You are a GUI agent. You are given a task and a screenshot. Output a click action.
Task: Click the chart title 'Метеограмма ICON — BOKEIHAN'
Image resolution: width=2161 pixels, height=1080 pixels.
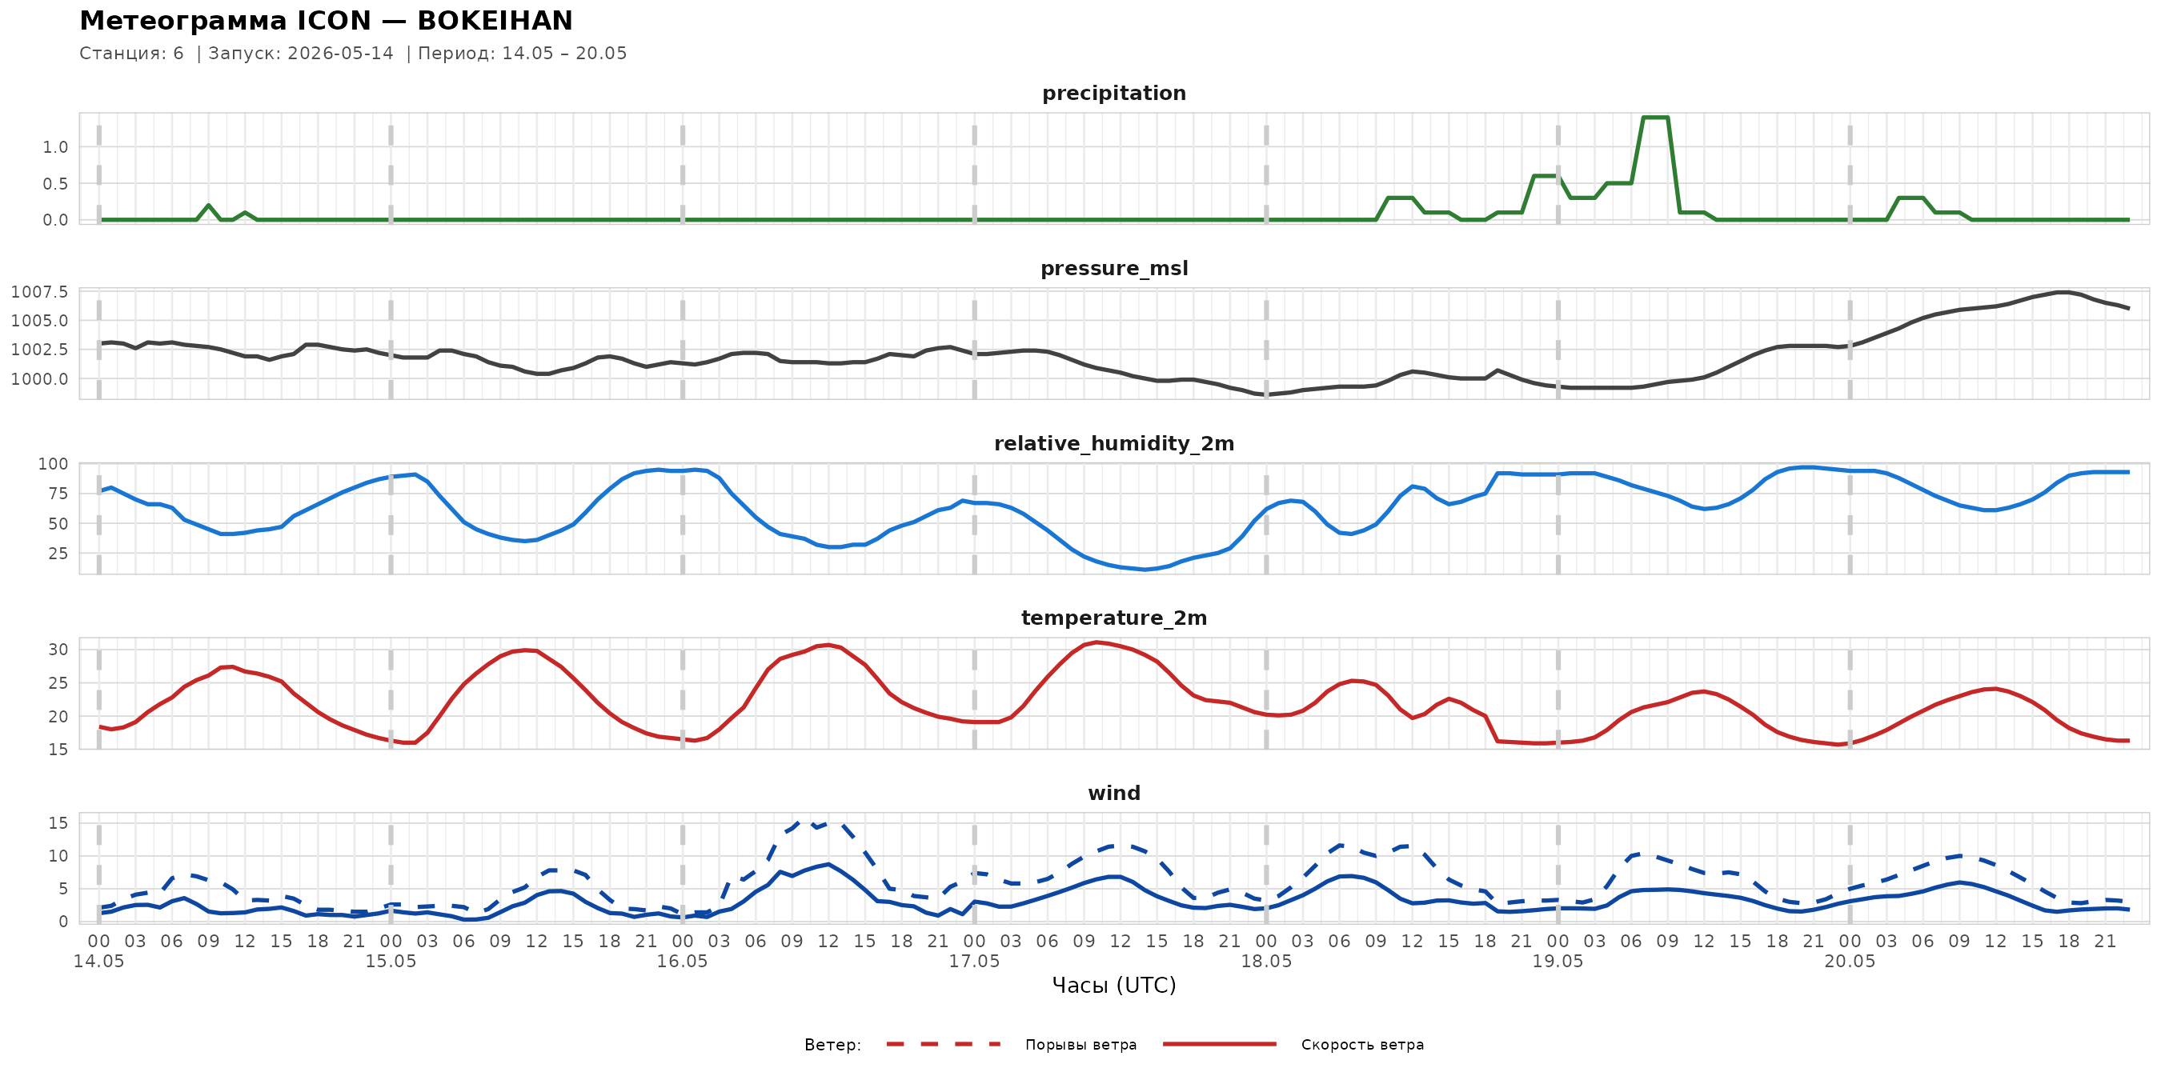[326, 20]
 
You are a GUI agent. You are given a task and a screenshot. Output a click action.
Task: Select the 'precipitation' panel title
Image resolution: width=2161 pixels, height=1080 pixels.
[1114, 93]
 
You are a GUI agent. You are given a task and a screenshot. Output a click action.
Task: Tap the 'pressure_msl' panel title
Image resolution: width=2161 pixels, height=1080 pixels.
[1114, 268]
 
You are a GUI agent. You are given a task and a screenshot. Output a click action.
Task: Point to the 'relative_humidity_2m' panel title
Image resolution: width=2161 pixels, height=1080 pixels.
[1114, 443]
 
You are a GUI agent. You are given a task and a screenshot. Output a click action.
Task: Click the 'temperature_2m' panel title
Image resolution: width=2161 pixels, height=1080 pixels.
[1114, 618]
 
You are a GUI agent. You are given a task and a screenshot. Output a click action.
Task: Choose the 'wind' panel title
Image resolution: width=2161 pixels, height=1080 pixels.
[1114, 794]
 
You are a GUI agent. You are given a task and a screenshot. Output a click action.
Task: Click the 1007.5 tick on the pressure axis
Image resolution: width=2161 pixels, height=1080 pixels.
[39, 292]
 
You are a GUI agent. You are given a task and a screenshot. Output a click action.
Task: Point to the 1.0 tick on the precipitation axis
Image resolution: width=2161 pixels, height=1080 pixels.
[55, 147]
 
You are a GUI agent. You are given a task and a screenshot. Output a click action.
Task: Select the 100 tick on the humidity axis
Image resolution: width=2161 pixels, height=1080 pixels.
[53, 464]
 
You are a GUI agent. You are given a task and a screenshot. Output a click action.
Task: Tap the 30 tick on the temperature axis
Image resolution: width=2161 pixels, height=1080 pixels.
[58, 650]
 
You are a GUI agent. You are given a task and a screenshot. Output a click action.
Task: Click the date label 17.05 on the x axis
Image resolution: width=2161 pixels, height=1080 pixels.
[974, 962]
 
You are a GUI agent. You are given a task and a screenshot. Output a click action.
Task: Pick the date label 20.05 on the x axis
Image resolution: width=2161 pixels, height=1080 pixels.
[1850, 962]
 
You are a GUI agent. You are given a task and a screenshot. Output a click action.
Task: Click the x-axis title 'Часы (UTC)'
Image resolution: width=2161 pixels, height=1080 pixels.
[1114, 986]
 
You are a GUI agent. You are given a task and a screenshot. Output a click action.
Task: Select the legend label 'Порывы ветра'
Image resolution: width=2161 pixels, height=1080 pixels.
[1080, 1045]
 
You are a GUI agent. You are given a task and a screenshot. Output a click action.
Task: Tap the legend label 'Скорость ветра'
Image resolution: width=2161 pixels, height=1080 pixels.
[1362, 1045]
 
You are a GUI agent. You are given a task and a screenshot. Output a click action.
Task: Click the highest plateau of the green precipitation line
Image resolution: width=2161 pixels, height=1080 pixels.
[1655, 118]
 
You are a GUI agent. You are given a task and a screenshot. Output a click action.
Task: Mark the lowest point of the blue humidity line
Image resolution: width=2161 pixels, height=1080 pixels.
[1145, 570]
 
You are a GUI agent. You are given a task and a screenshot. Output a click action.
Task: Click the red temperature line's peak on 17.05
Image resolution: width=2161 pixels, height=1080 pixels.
[1096, 642]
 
